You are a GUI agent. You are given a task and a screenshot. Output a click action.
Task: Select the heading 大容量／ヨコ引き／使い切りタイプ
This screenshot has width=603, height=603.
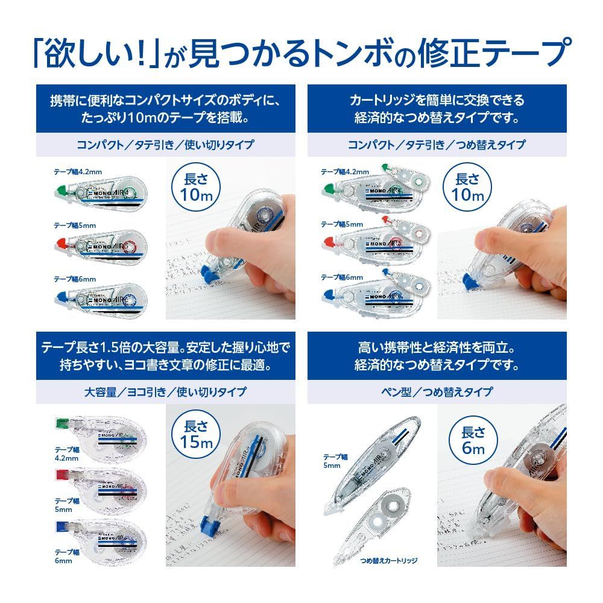tap(165, 392)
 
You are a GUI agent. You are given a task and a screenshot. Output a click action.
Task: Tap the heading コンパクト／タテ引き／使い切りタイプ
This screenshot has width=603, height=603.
tap(165, 145)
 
